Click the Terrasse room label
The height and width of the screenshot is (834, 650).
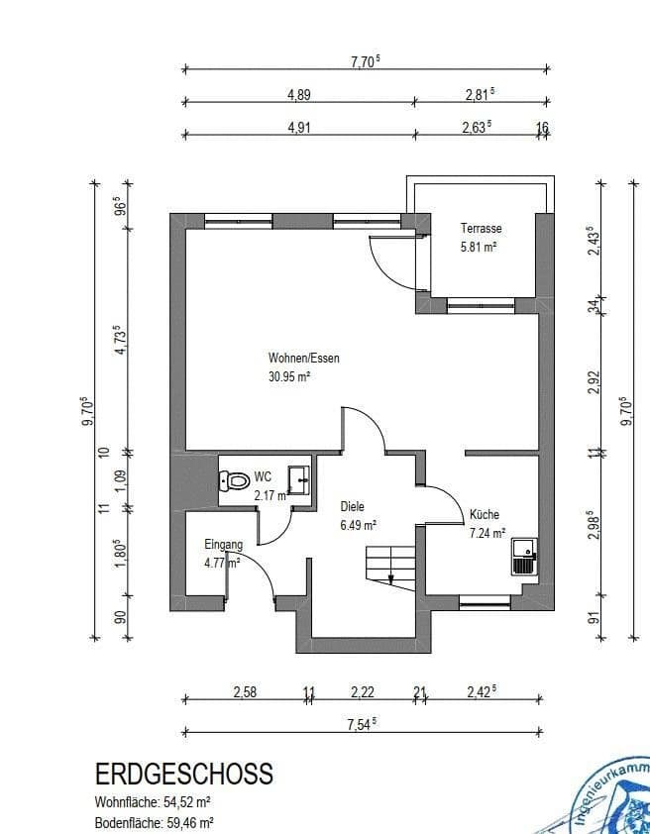point(481,228)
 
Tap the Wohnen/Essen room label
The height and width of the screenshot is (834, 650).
point(303,358)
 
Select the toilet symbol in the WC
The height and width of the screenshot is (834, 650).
point(235,481)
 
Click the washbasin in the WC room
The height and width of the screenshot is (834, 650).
point(297,478)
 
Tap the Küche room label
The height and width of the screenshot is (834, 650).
point(485,515)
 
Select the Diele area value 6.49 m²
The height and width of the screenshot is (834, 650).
point(357,525)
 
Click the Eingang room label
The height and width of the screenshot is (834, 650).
point(223,544)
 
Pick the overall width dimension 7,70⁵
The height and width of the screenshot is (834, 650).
point(366,61)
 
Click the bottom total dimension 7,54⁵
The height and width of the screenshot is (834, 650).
point(362,724)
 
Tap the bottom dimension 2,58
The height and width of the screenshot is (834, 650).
point(245,692)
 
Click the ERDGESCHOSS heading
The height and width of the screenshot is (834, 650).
point(183,774)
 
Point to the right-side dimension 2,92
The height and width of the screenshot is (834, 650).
point(596,382)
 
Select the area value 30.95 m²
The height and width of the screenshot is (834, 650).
point(290,376)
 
